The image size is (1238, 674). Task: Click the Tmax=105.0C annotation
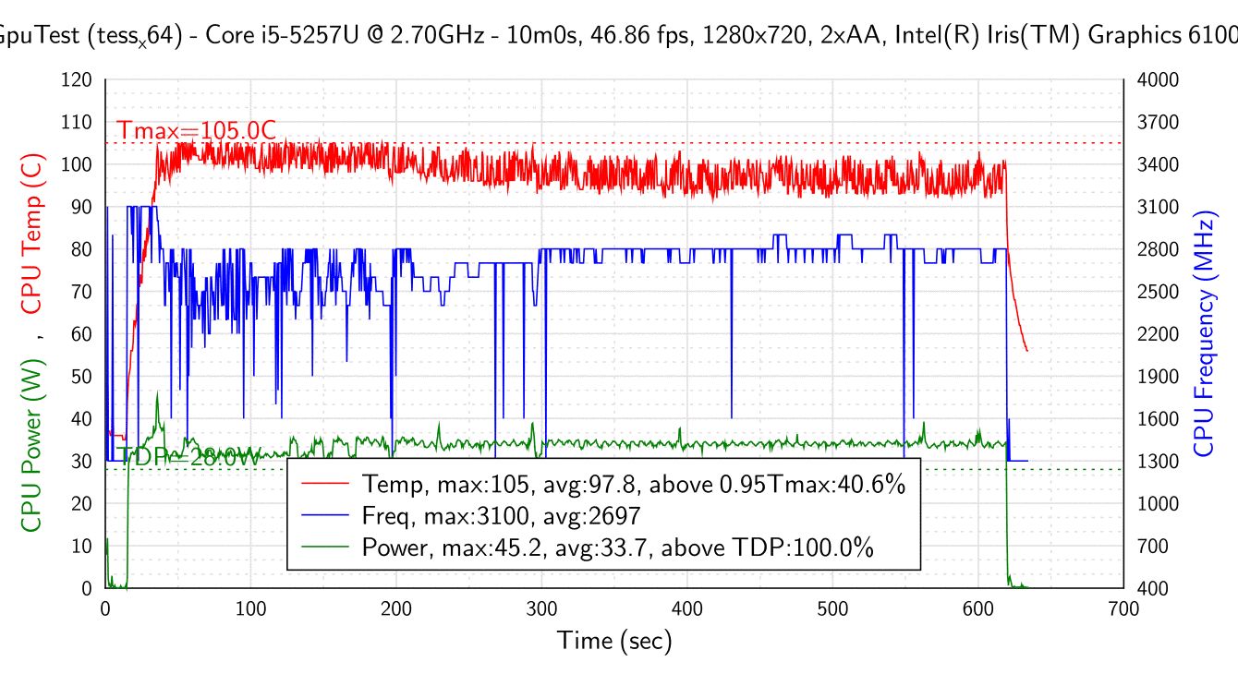point(197,131)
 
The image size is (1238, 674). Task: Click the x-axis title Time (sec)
point(614,640)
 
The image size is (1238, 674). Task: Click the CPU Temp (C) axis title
point(32,234)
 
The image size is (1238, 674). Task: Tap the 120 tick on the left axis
point(77,80)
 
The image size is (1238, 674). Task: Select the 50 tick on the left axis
point(81,377)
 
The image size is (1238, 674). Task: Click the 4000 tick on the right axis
point(1158,80)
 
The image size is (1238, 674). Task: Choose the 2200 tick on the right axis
point(1158,334)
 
